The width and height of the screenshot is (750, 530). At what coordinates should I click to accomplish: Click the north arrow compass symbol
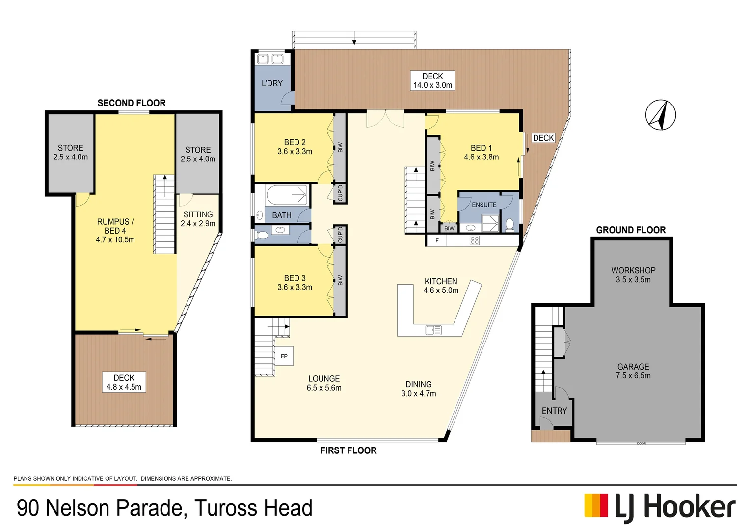tap(660, 115)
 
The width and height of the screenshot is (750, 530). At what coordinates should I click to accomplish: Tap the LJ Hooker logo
tap(660, 507)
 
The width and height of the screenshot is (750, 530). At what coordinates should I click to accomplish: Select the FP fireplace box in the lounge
tap(284, 356)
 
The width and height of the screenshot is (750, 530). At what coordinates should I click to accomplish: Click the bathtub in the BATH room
tap(287, 195)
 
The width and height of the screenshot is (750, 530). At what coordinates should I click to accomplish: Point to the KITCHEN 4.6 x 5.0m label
tap(441, 286)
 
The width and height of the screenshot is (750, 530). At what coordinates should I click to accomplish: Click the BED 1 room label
tap(481, 152)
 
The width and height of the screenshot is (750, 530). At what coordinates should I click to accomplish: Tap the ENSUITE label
tap(484, 205)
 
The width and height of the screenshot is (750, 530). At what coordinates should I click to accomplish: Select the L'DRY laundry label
tap(272, 83)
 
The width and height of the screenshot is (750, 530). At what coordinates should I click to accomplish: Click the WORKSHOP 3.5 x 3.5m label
tap(633, 275)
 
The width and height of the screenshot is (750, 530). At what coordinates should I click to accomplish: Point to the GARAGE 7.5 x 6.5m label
tap(633, 371)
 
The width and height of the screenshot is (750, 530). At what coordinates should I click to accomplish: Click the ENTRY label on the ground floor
tap(554, 411)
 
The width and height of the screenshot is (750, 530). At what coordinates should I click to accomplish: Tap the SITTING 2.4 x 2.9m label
tap(198, 219)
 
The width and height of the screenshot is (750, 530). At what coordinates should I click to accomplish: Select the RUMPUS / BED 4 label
tap(115, 231)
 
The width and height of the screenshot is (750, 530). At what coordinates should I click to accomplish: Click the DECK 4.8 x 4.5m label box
tap(124, 382)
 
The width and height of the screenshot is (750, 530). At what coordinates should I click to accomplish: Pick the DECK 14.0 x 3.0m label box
tap(432, 80)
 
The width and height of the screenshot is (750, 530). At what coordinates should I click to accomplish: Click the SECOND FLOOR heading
tap(132, 103)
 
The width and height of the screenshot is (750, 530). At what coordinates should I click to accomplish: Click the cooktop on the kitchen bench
tap(474, 240)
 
